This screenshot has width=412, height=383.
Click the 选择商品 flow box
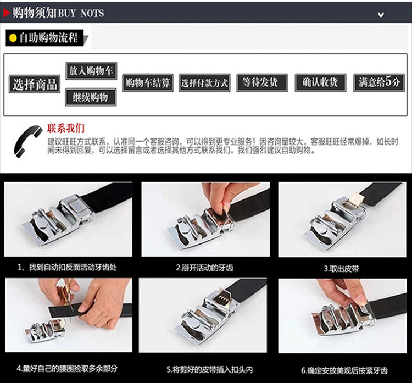pyautogui.click(x=35, y=84)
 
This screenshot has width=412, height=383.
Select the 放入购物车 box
pyautogui.click(x=91, y=71)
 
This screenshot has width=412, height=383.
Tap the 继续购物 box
pyautogui.click(x=91, y=97)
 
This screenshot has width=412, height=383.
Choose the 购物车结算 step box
pyautogui.click(x=148, y=83)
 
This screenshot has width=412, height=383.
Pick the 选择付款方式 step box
pyautogui.click(x=204, y=83)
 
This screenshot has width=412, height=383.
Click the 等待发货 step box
pyautogui.click(x=261, y=82)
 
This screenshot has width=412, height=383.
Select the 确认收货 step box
pyautogui.click(x=320, y=82)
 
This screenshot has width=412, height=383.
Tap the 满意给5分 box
pyautogui.click(x=378, y=82)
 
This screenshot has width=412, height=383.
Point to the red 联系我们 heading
pyautogui.click(x=66, y=129)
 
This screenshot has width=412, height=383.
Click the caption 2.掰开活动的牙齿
pyautogui.click(x=204, y=268)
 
